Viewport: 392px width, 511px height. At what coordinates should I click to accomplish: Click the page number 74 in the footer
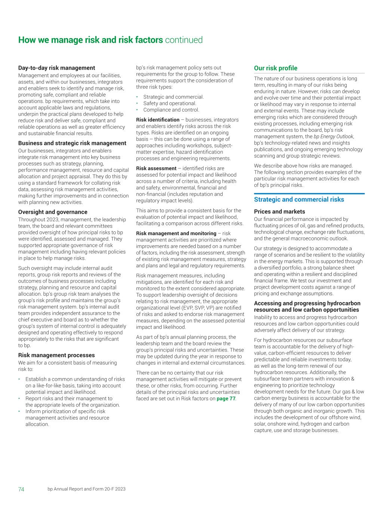tap(21, 489)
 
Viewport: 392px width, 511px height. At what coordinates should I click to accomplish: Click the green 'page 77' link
tap(226, 398)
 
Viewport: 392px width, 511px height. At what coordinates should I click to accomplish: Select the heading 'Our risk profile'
tap(276, 68)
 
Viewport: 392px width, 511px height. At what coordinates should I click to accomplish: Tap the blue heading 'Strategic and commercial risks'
tap(299, 200)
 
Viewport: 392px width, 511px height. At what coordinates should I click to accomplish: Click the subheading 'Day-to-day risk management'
tap(56, 68)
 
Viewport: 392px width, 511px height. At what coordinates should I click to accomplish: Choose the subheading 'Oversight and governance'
tap(53, 212)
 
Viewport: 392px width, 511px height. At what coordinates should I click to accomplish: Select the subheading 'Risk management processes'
tap(56, 355)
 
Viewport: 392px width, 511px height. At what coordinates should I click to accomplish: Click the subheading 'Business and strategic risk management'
tap(72, 143)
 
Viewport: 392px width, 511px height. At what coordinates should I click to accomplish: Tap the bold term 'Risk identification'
tap(158, 120)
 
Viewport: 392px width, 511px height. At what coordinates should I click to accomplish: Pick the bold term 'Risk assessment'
tap(156, 168)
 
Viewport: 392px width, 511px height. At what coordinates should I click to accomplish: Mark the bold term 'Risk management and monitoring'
tap(176, 233)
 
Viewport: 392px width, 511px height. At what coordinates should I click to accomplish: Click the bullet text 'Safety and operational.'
tap(170, 103)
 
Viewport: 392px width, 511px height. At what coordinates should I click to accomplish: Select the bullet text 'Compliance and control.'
tap(171, 110)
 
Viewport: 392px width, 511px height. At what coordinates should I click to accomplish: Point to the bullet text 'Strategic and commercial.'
tap(174, 97)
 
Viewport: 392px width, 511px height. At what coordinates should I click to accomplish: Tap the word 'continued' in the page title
tap(184, 40)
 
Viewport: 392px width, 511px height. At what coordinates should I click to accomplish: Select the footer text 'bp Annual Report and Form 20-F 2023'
tap(86, 489)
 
